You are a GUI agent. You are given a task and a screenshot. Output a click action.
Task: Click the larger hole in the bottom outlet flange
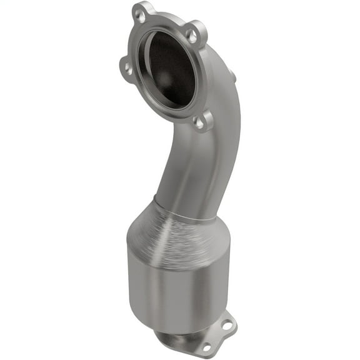pyautogui.click(x=227, y=326)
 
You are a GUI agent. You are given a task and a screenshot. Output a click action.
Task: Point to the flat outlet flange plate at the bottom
pyautogui.click(x=219, y=337)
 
